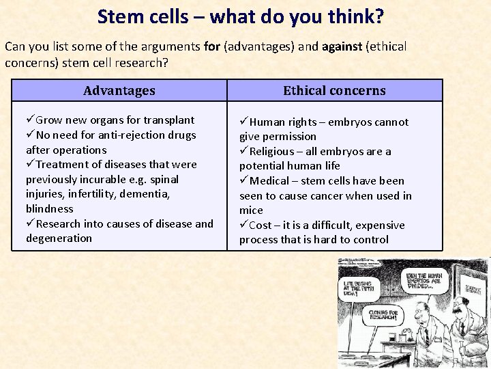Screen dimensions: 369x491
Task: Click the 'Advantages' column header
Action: (x=119, y=91)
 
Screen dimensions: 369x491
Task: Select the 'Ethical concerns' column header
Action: (x=334, y=91)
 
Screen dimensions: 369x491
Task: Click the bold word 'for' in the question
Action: (x=211, y=46)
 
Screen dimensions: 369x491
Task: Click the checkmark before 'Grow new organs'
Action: (x=30, y=120)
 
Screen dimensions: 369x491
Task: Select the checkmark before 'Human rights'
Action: (x=243, y=122)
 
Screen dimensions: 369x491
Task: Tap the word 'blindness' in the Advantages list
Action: (x=49, y=208)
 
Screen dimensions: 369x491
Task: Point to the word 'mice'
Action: (x=250, y=210)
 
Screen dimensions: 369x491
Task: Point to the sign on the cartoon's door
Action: (x=472, y=290)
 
